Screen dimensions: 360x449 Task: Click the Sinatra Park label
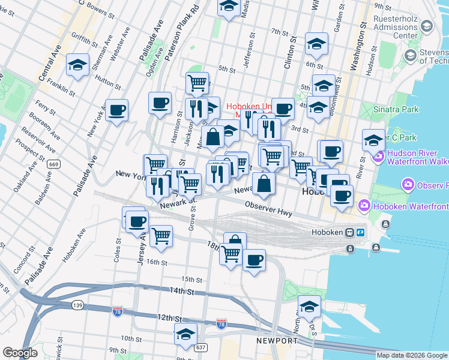pos(393,112)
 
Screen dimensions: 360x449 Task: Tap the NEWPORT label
pos(277,341)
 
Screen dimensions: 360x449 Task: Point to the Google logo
pos(20,353)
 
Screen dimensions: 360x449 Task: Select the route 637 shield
pos(200,346)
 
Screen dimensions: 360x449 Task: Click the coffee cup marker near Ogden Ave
pos(160,103)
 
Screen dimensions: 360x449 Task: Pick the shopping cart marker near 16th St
pos(161,236)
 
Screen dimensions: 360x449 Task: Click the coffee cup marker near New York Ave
pos(117,110)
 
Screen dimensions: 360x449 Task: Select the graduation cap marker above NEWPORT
pos(309,307)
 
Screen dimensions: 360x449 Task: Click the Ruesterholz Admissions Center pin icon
pos(427,26)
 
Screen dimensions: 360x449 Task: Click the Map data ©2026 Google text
pos(411,355)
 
